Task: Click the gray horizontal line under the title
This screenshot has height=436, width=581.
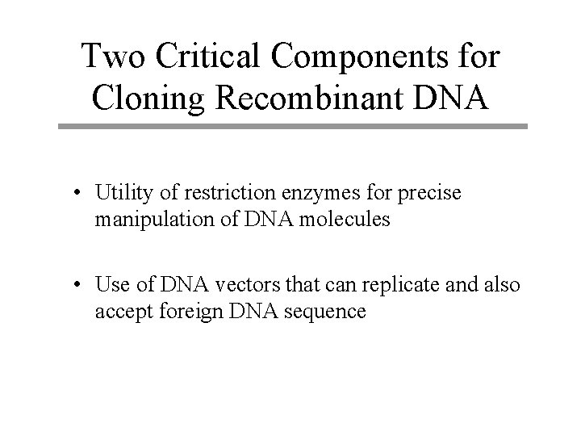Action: coord(292,127)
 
